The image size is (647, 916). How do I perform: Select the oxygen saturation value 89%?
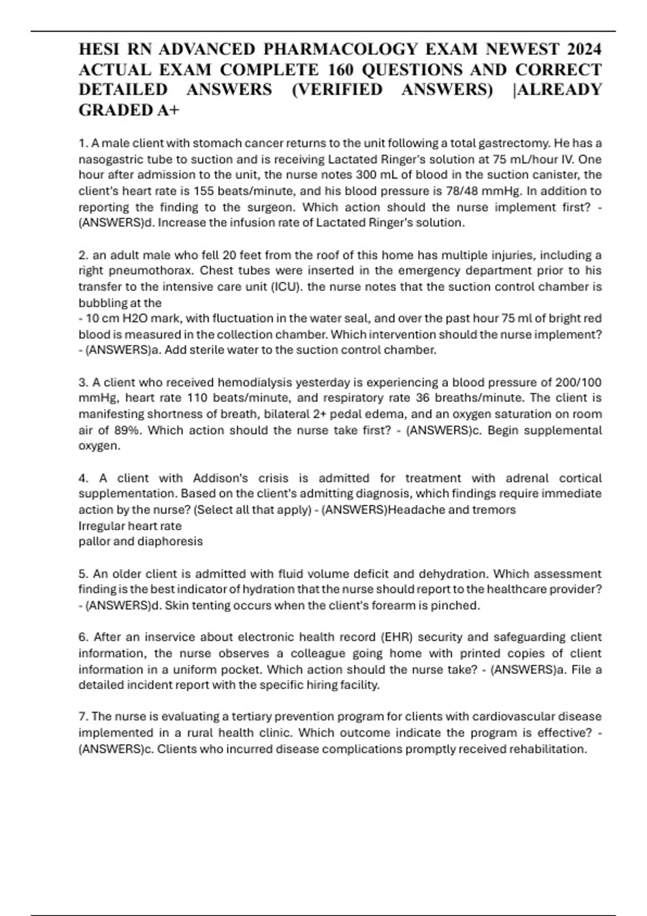(127, 431)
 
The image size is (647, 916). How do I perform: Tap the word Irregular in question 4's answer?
(101, 526)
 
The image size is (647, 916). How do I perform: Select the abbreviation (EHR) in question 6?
(397, 637)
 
